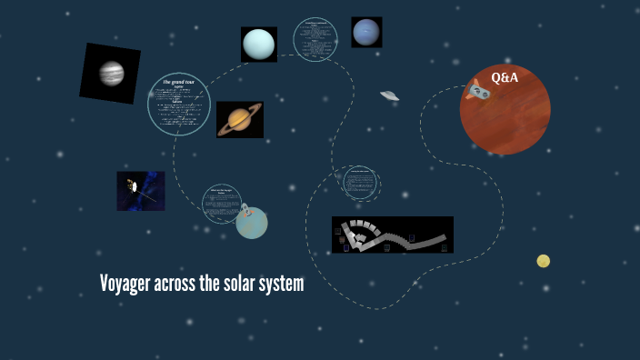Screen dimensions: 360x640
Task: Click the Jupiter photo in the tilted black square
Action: (x=110, y=73)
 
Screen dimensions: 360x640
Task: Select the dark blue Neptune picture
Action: (x=366, y=32)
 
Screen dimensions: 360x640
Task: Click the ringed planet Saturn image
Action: (x=240, y=119)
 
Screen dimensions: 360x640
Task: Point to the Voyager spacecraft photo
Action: (x=140, y=191)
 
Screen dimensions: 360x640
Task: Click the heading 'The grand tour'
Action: (x=179, y=83)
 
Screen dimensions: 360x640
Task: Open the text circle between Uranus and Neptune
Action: (x=315, y=40)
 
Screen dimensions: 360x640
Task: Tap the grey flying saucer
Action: (x=389, y=95)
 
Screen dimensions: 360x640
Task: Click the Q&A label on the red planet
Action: (x=505, y=78)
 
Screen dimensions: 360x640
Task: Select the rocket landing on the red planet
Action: (x=478, y=90)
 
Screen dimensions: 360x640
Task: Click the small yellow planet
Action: (x=544, y=261)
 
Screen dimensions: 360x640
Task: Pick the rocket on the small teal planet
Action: (x=244, y=212)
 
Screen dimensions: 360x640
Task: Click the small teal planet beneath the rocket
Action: (x=253, y=224)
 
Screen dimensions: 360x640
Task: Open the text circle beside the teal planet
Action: (x=221, y=204)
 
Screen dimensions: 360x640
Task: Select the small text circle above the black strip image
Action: (x=360, y=182)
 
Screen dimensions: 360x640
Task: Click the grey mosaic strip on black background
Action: (x=392, y=235)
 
